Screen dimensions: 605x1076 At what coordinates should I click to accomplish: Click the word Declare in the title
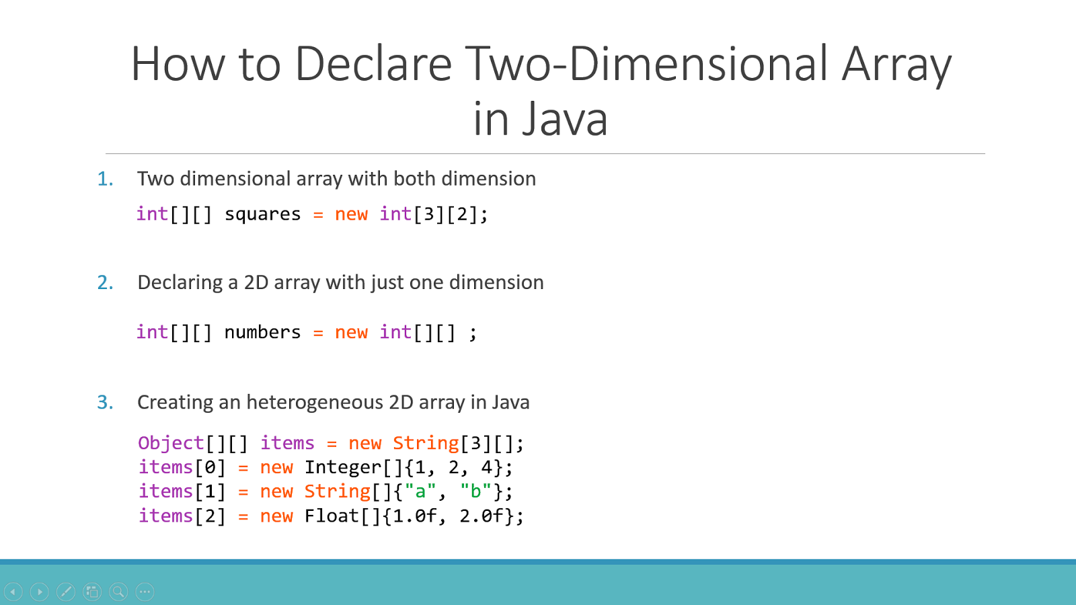click(373, 64)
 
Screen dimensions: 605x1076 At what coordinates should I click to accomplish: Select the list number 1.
click(105, 179)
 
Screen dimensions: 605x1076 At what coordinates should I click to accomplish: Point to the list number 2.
click(105, 282)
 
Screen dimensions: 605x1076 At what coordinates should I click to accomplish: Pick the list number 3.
click(105, 402)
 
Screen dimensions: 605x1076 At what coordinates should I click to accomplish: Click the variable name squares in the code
click(262, 214)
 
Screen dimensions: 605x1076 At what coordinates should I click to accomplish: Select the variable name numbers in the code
click(262, 332)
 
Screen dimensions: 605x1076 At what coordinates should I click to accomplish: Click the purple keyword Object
click(171, 443)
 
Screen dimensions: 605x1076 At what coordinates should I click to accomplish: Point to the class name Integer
click(343, 467)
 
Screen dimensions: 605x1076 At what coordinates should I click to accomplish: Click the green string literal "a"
click(420, 491)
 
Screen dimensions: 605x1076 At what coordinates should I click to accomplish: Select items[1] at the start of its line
click(182, 491)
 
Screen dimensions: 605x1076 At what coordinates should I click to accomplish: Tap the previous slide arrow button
click(13, 592)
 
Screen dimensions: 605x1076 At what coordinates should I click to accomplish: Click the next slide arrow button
click(40, 592)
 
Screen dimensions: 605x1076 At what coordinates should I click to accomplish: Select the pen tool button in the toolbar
click(66, 592)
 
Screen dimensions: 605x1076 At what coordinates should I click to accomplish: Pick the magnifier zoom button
click(118, 592)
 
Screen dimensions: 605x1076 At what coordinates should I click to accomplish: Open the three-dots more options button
click(145, 592)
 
